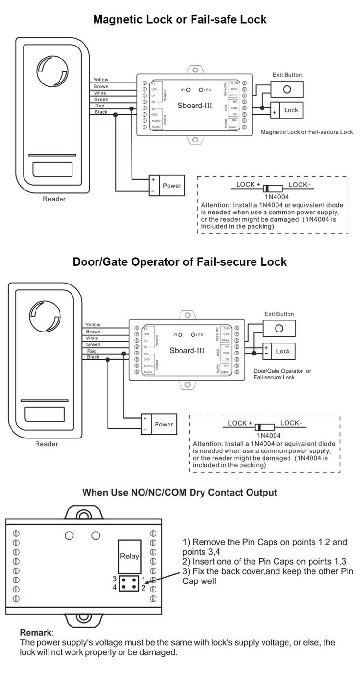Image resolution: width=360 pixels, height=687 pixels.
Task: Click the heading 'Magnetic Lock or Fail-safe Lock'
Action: point(180,20)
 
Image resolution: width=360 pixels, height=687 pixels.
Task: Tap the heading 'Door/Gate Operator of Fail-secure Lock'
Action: point(180,262)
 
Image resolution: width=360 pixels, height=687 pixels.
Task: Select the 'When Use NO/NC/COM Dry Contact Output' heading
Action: point(180,492)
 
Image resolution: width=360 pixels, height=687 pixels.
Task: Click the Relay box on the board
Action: point(129,556)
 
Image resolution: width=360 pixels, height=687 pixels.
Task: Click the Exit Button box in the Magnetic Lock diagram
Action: point(287,89)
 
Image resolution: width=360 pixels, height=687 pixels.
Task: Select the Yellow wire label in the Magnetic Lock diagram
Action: point(101,80)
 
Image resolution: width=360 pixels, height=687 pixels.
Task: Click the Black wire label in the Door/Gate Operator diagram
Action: point(93,357)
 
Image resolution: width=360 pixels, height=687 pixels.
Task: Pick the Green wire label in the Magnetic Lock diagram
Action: point(101,99)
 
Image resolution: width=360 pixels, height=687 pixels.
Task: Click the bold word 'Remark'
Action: point(36,632)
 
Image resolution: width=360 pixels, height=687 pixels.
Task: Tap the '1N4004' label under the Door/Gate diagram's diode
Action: point(262,435)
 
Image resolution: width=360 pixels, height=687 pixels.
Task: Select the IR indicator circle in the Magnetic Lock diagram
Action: point(189,90)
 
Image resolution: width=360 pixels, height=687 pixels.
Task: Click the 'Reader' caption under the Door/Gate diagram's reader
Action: point(47,444)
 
